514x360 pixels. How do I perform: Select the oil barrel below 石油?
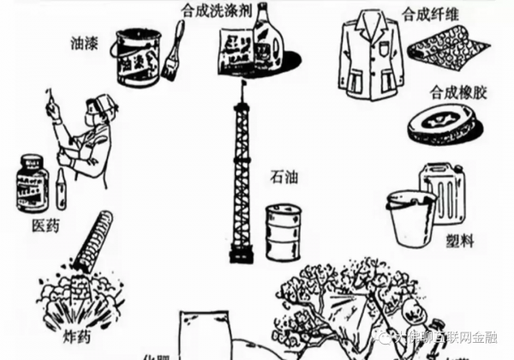click(283, 231)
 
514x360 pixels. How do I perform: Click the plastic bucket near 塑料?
click(412, 219)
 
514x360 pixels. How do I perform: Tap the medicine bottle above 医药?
click(33, 183)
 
